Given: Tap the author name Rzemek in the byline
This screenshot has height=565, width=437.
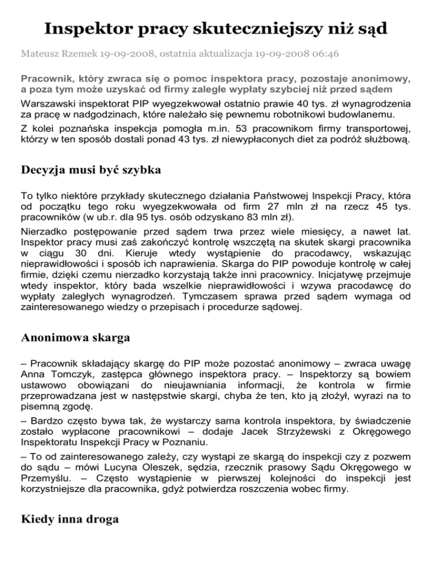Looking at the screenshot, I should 74,56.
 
